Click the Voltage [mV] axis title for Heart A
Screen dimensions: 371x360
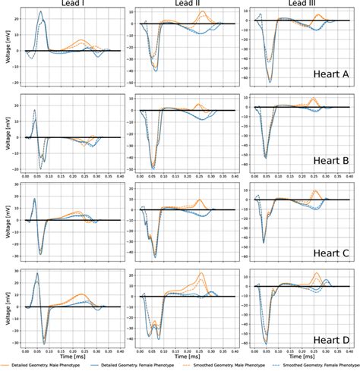pyautogui.click(x=5, y=48)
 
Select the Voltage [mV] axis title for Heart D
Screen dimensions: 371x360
pyautogui.click(x=5, y=307)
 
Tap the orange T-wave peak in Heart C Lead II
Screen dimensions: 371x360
pyautogui.click(x=200, y=201)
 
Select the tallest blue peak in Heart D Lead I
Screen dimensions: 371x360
pyautogui.click(x=36, y=273)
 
